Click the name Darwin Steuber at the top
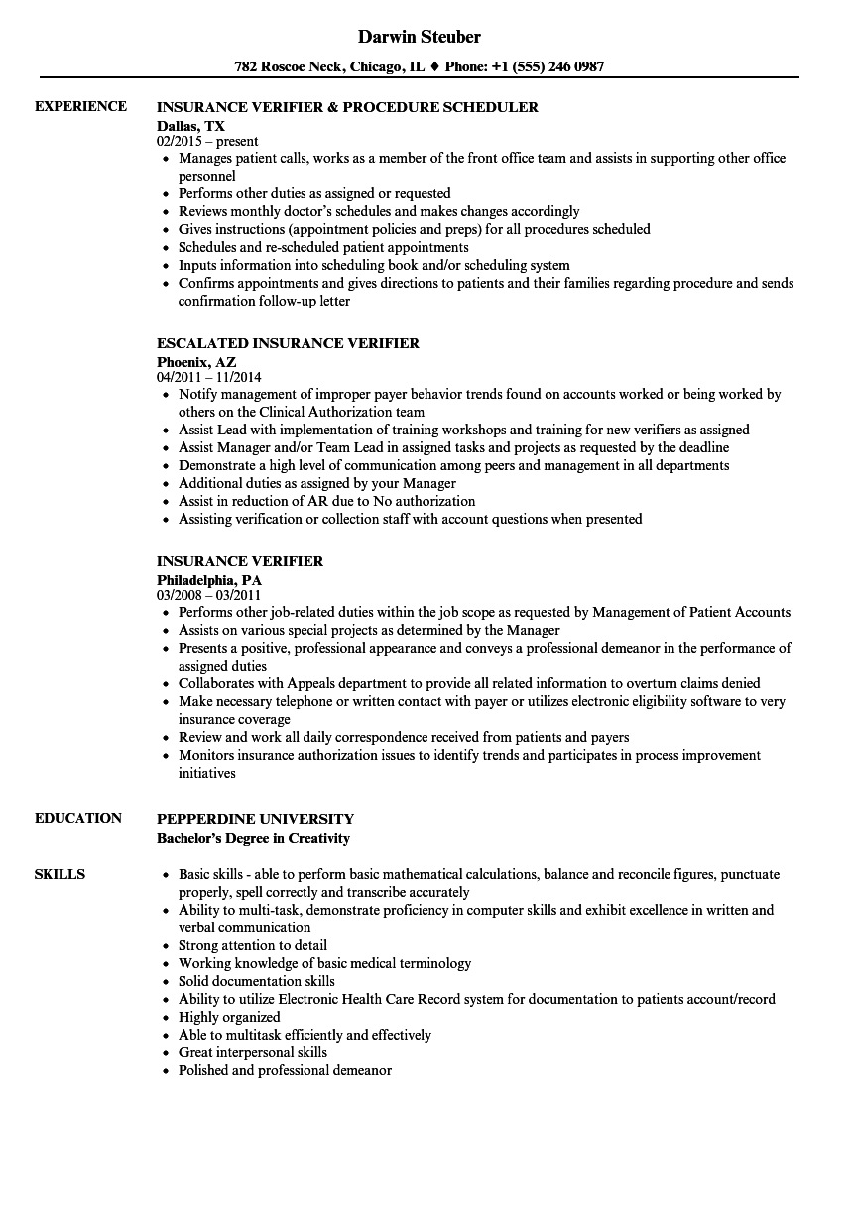click(420, 37)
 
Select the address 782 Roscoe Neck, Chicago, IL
click(330, 67)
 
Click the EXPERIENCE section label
click(80, 106)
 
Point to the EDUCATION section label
click(78, 818)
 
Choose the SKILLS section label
click(60, 874)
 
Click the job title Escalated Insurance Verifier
click(288, 343)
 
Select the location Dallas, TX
click(190, 125)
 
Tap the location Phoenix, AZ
click(196, 361)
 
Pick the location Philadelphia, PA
click(208, 579)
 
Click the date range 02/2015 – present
click(207, 142)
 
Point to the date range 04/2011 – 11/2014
click(209, 378)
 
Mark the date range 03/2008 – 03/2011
click(209, 596)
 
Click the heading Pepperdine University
click(255, 819)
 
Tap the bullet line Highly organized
click(229, 1017)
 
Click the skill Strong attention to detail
click(253, 945)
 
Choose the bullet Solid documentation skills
click(257, 981)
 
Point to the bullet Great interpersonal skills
click(253, 1052)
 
